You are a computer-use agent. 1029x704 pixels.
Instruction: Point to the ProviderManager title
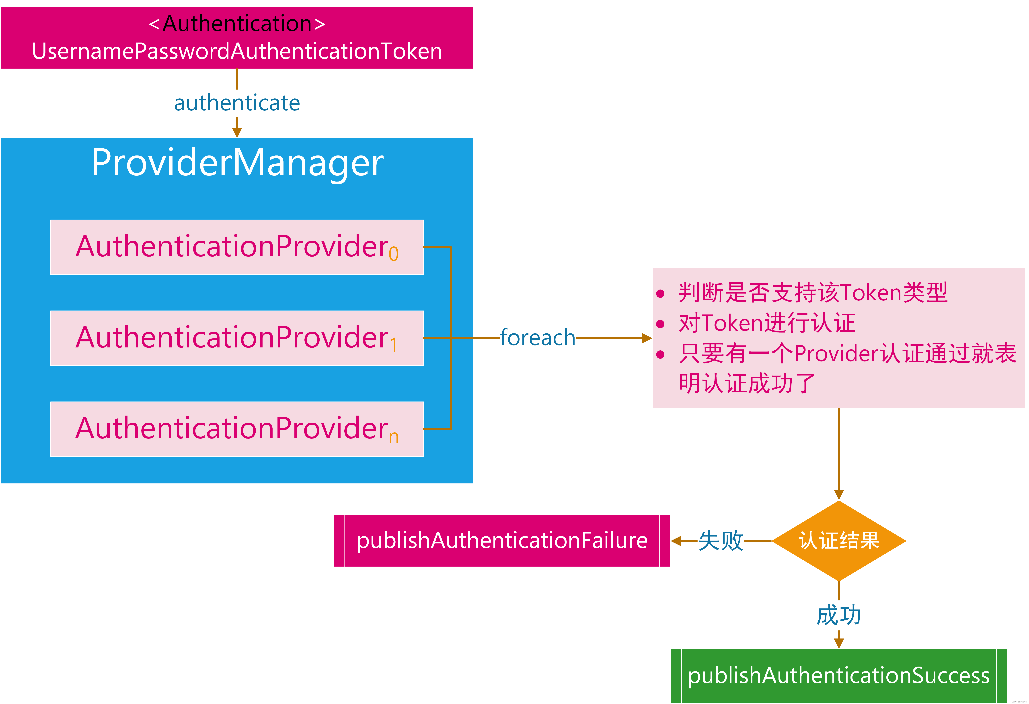237,163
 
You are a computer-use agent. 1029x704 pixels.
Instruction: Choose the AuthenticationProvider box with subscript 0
237,247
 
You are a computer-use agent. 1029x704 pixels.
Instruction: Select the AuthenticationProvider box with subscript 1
237,338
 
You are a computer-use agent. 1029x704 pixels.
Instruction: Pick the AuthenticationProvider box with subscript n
237,429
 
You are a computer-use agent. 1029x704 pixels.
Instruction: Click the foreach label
538,338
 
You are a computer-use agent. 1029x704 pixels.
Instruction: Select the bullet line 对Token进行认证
767,323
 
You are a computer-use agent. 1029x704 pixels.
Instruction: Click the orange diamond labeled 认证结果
839,541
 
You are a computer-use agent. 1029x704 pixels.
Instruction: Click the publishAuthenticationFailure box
502,541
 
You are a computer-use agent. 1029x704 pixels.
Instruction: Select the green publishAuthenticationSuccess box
839,676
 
